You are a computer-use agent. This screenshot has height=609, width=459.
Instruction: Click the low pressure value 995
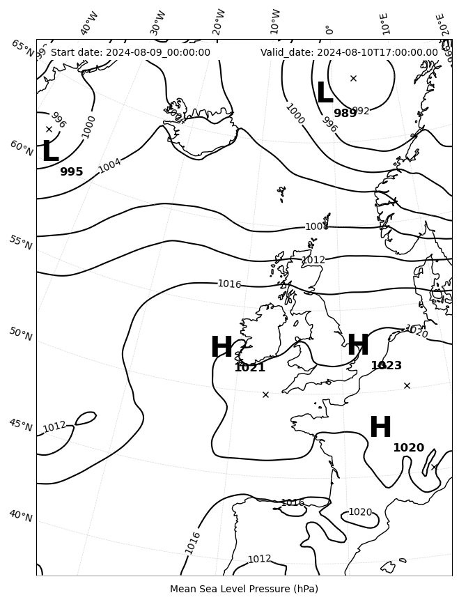71,172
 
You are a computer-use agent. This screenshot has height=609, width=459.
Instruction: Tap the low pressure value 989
345,114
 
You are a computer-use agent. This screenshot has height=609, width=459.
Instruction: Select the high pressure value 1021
249,367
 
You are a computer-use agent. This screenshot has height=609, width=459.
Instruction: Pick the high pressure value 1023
386,366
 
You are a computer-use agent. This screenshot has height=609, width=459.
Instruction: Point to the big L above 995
49,153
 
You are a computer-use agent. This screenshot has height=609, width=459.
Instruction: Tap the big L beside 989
325,94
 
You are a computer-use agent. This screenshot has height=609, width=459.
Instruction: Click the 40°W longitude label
89,23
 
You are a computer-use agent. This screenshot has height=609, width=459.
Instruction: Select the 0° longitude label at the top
329,29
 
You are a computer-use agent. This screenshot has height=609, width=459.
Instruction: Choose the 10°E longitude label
384,23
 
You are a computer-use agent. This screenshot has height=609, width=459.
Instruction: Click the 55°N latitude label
20,242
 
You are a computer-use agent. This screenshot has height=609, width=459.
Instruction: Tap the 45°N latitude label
20,425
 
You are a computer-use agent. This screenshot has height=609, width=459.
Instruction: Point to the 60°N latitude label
21,148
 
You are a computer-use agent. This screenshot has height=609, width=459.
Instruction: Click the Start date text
130,52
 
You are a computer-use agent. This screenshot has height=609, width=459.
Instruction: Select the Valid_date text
349,52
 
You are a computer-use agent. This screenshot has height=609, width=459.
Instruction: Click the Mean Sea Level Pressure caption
244,589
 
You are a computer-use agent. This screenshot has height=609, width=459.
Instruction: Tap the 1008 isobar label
316,226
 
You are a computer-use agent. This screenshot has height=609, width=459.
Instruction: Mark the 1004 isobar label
109,166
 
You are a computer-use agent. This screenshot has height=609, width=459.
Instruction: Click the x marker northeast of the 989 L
353,78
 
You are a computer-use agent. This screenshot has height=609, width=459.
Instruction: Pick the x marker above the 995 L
49,129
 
